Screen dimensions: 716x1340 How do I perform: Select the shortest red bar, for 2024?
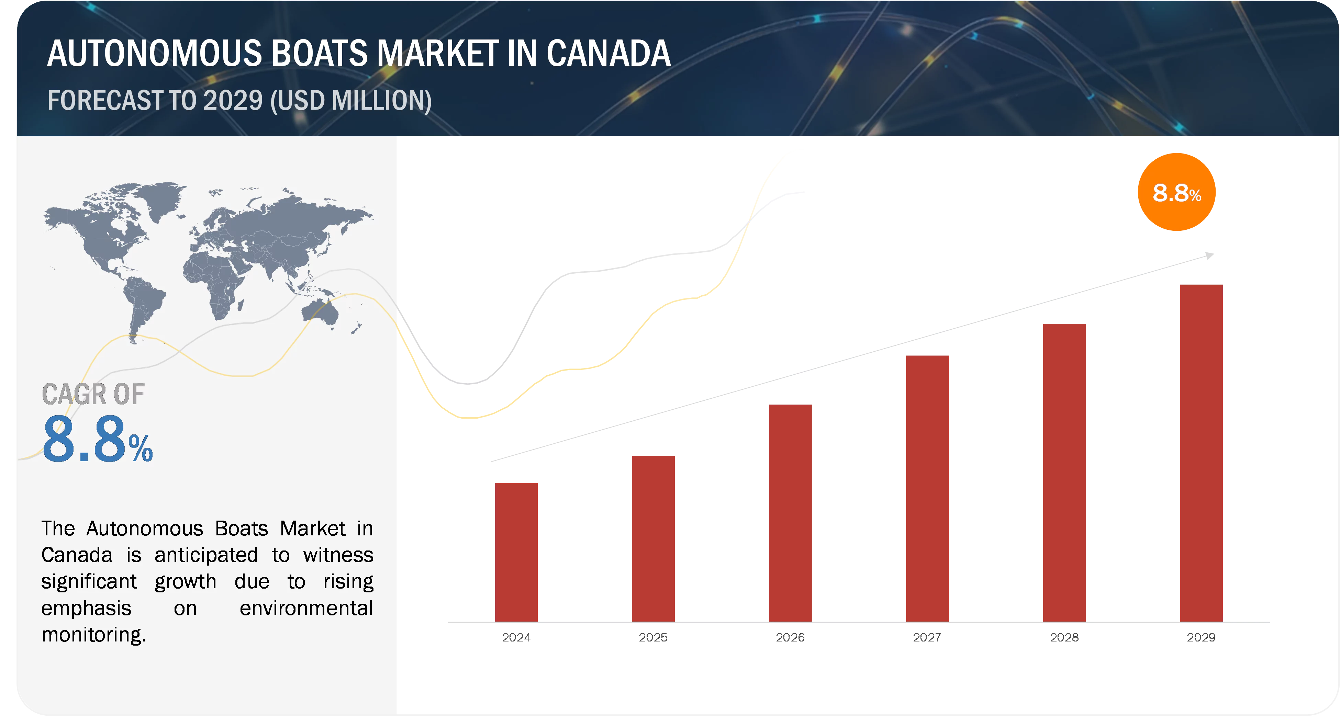coord(516,551)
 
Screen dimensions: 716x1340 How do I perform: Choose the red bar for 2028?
coord(1064,471)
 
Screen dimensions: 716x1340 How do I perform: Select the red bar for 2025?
coord(652,538)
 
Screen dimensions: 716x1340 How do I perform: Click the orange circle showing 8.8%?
coord(1177,192)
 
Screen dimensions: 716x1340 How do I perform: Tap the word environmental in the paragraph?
coord(306,608)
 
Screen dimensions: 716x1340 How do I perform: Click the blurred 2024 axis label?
coord(515,637)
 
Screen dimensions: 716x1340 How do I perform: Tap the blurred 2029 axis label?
coord(1202,637)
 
